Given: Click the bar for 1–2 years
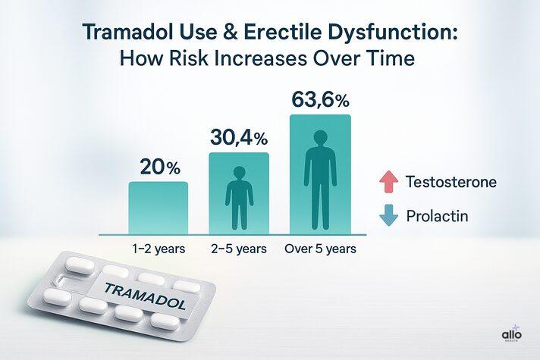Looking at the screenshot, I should coord(158,208).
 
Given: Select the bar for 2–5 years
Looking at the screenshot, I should coord(238,193).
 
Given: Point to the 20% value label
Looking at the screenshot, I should coord(159,166).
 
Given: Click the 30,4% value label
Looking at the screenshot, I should coord(238,138).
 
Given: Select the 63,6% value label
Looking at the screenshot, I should coord(319,99).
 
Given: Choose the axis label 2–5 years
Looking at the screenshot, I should coord(238,248).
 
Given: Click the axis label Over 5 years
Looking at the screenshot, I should coord(319,248).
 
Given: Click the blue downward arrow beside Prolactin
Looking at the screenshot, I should coord(389,216).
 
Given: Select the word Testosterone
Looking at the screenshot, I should coord(451,183).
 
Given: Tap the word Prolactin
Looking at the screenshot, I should coord(437,216).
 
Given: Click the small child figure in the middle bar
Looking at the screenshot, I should coord(238,196).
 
